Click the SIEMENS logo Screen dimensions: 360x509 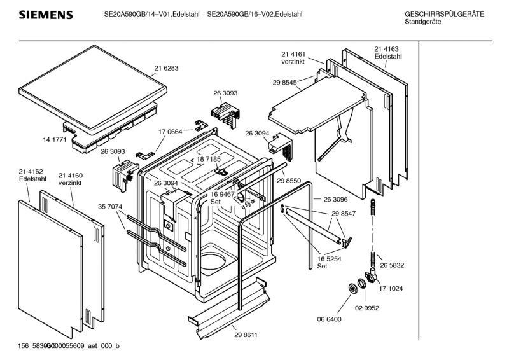[x=44, y=15]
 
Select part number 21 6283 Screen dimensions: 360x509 [x=166, y=68]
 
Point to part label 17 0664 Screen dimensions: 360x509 [x=171, y=132]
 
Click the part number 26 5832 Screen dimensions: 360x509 [x=393, y=265]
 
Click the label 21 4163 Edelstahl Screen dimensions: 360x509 [x=387, y=53]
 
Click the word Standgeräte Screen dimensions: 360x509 [x=422, y=22]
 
